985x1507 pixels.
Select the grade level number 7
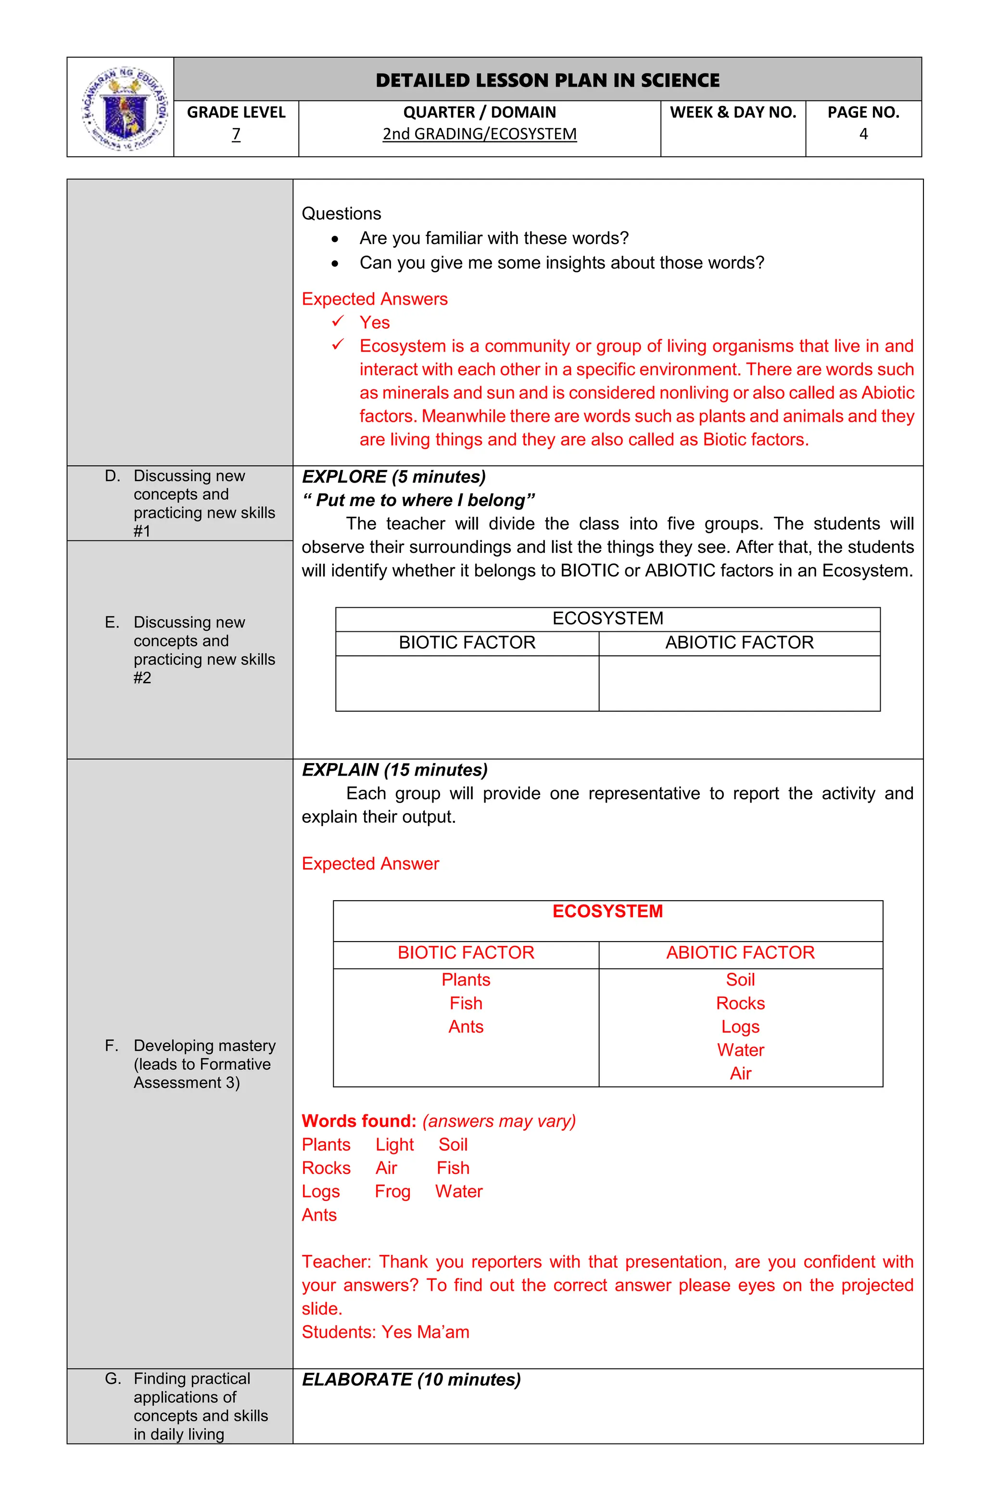coord(236,134)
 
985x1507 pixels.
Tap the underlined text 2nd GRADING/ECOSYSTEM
coord(479,134)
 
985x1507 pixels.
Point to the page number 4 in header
coord(863,134)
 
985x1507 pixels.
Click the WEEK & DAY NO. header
coord(732,113)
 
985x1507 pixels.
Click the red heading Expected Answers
coord(374,299)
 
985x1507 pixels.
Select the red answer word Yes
coord(374,322)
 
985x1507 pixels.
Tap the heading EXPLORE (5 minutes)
coord(393,477)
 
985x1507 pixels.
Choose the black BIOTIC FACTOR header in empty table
coord(467,643)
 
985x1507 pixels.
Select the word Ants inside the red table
coord(466,1027)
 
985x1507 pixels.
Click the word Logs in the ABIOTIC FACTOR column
coord(740,1027)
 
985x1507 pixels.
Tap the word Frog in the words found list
coord(392,1192)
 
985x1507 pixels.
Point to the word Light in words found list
coord(394,1145)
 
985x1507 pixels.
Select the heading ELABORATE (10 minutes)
coord(411,1379)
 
